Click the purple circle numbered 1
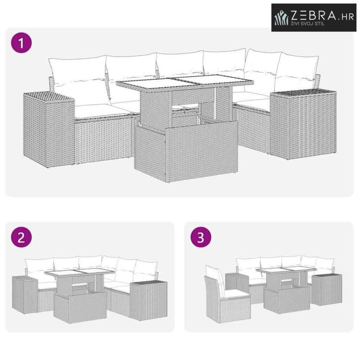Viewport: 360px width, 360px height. [21, 43]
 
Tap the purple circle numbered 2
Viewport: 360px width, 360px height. [21, 237]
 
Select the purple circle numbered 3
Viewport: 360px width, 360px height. [201, 237]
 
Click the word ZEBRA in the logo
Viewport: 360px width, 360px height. [314, 15]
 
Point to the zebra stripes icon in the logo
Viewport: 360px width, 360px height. [282, 17]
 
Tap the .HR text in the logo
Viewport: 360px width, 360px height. [346, 17]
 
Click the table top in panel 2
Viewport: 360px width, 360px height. [80, 272]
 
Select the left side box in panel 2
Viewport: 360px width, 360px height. [25, 295]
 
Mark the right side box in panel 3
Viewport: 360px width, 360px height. [327, 289]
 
